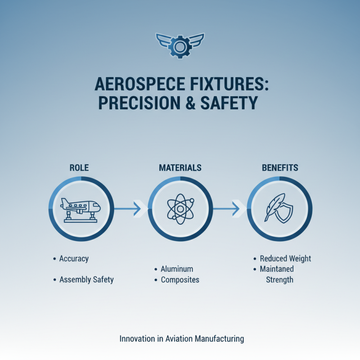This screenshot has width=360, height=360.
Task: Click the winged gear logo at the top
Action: click(180, 45)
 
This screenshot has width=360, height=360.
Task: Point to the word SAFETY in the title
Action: click(229, 103)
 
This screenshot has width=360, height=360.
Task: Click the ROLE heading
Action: click(79, 168)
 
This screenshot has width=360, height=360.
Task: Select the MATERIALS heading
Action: click(180, 168)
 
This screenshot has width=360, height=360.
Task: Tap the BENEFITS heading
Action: click(280, 168)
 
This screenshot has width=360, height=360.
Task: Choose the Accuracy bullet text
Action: click(74, 259)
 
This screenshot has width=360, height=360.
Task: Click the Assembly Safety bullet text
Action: click(86, 279)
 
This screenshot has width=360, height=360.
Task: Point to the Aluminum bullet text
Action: click(177, 269)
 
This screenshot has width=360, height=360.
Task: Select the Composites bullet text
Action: click(180, 280)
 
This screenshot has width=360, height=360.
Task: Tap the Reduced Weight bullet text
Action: click(285, 259)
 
